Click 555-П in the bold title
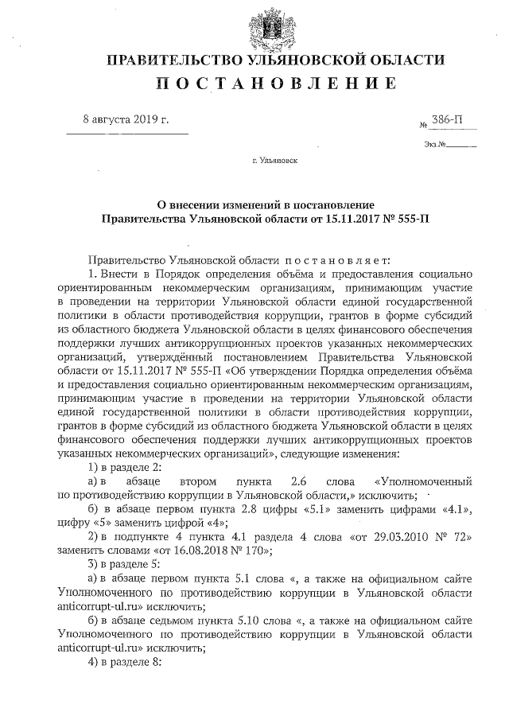(412, 216)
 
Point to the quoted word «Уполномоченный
(422, 482)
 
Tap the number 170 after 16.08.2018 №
(254, 552)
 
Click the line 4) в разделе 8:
(126, 664)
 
